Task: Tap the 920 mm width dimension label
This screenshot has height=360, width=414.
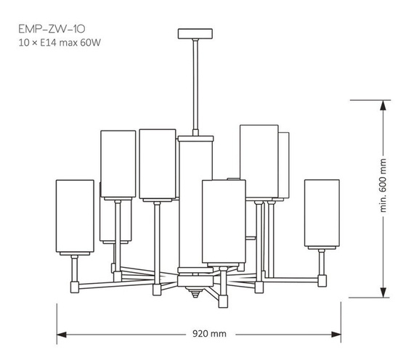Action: pos(210,335)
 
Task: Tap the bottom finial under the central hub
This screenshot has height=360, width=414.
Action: pos(194,294)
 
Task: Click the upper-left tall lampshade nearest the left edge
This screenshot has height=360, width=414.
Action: pos(118,164)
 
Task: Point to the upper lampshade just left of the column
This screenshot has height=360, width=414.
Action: pos(157,163)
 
